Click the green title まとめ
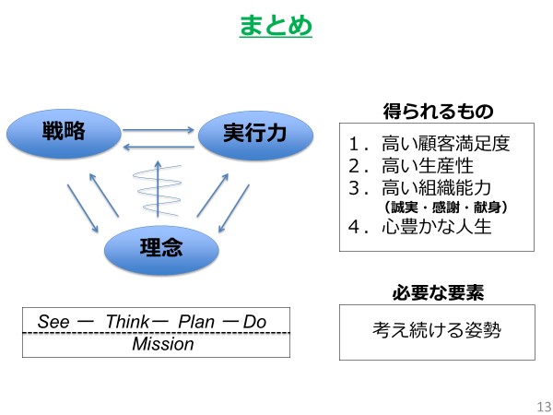(276, 25)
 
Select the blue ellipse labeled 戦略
(64, 135)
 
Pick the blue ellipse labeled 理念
(160, 247)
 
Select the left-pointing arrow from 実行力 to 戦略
(158, 147)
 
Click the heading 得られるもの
(438, 112)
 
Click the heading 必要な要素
(438, 293)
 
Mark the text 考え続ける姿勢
(437, 331)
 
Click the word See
(53, 322)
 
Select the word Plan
(195, 322)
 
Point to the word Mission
(163, 345)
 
